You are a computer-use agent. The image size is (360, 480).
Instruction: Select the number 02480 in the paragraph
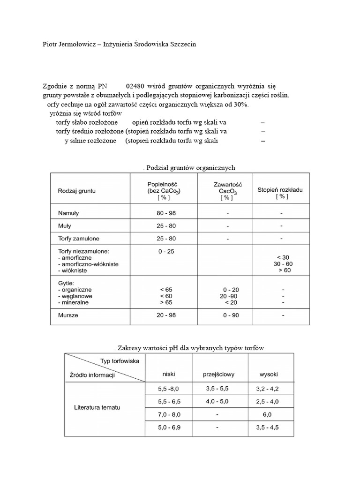[135, 86]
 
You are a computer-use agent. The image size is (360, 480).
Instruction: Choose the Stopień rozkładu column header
[280, 190]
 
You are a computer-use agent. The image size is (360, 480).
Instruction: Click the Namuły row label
[68, 213]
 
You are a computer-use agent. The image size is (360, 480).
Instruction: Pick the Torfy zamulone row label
[78, 239]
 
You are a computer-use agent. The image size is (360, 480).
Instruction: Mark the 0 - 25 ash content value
[166, 252]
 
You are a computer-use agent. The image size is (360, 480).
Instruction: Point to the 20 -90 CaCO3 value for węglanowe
[227, 296]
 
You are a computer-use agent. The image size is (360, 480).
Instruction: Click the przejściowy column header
[218, 375]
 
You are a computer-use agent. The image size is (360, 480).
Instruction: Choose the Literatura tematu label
[97, 407]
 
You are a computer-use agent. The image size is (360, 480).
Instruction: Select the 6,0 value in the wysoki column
[268, 415]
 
